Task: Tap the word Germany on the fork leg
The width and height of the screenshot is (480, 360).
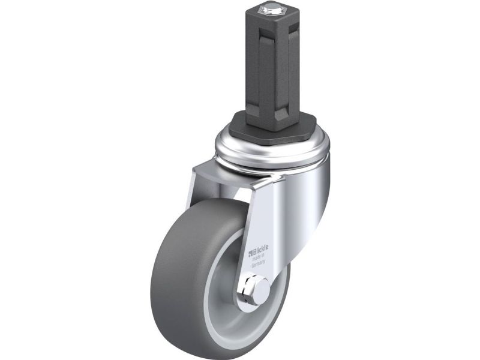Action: click(258, 265)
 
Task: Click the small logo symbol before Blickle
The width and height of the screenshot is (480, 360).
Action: click(250, 253)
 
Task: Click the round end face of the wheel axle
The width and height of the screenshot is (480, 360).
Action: click(262, 288)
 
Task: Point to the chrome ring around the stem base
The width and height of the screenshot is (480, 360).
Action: click(272, 147)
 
